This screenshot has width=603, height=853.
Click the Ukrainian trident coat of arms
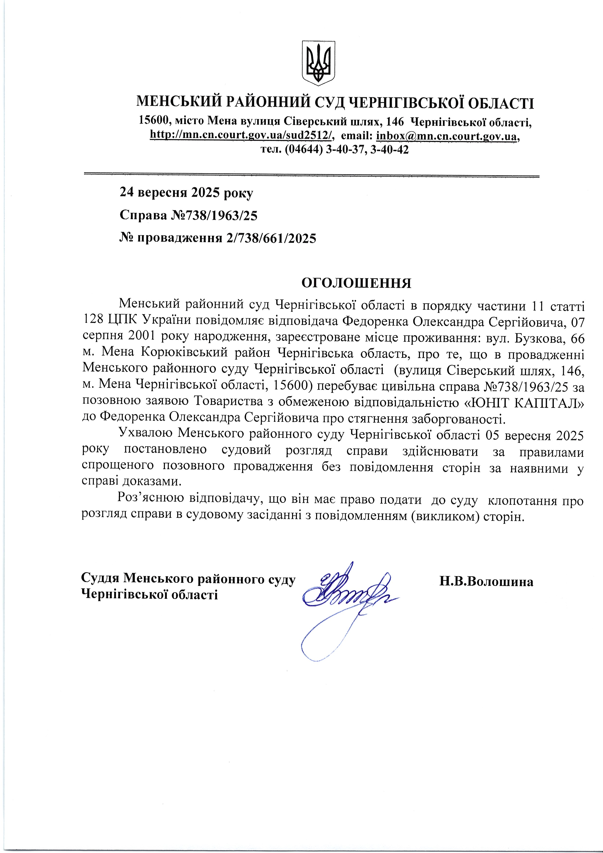(319, 63)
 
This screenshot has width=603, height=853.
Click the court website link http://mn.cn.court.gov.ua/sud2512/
(241, 136)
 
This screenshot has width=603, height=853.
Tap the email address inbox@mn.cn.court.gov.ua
(447, 136)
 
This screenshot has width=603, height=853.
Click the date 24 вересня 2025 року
(186, 193)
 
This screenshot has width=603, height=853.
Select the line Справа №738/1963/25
(188, 215)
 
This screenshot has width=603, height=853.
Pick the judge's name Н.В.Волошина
(486, 582)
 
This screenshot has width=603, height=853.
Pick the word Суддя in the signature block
(100, 578)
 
